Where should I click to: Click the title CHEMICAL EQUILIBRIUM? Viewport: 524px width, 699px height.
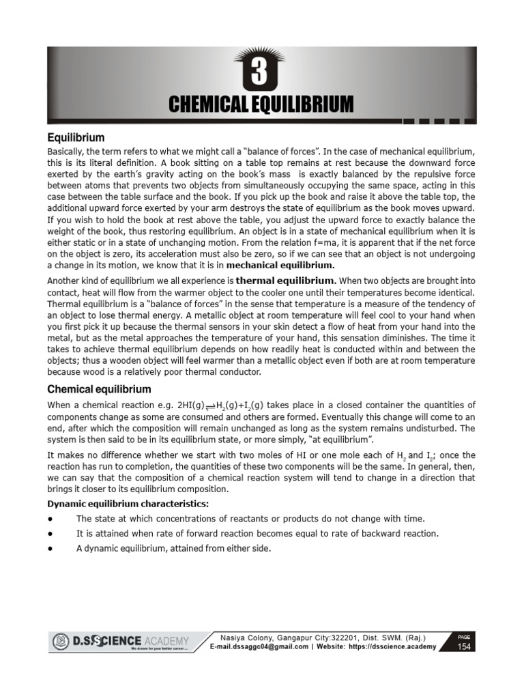coord(261,104)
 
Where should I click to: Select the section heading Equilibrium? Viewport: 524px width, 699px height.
coord(76,137)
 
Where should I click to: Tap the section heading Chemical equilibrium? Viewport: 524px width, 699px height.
coord(99,389)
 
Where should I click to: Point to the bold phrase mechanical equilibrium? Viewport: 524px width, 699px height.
coord(280,265)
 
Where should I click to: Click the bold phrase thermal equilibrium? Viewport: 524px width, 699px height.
coord(276,281)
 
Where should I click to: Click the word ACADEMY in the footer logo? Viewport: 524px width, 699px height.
coord(165,640)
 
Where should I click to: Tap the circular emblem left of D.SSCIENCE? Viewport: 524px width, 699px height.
coord(61,641)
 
